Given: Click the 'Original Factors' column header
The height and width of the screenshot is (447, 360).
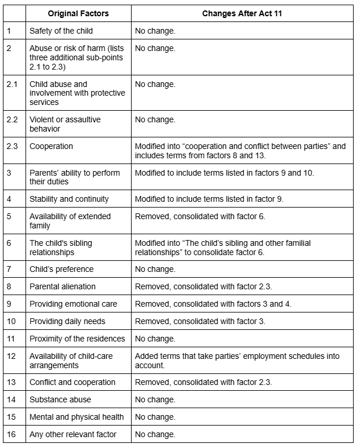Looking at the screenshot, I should tap(78, 13).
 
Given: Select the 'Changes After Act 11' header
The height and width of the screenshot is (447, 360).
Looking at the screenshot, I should tap(242, 13).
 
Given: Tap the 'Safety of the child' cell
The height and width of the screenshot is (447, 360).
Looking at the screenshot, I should tap(61, 30).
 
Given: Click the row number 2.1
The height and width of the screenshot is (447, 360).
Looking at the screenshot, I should tap(12, 84).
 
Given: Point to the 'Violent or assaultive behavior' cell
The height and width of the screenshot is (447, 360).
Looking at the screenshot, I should tap(65, 124).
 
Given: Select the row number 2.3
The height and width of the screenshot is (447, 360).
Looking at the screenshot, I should tap(12, 146).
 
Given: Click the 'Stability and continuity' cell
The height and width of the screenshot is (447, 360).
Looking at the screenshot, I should tap(69, 199).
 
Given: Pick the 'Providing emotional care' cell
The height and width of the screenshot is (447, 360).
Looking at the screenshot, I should tap(73, 304).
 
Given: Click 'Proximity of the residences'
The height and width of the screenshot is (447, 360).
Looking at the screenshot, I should tap(77, 339).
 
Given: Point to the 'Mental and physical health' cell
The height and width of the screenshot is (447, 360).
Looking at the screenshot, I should tap(77, 417).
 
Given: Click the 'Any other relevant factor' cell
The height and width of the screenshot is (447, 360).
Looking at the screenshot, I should tap(73, 434).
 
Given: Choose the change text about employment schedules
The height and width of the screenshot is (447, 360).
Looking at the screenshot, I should tap(237, 361).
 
